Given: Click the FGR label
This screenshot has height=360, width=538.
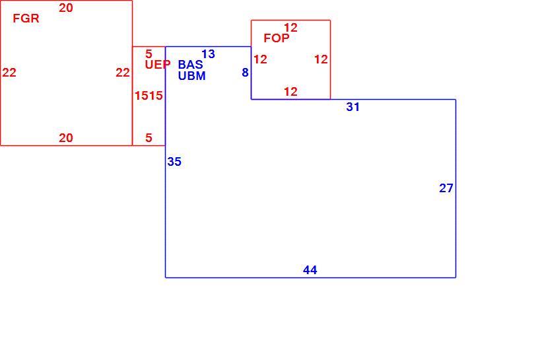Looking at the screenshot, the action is tap(26, 18).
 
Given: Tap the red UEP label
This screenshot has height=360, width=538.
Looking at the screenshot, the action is tap(158, 64).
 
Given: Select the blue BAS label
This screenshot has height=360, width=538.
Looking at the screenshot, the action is tap(190, 64).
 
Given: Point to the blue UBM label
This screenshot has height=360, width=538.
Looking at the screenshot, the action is tap(192, 75).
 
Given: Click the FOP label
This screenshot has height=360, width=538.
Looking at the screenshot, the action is tap(277, 38).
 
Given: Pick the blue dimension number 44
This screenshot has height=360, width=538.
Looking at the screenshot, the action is tap(310, 270).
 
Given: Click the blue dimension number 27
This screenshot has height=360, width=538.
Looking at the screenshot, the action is tap(446, 188).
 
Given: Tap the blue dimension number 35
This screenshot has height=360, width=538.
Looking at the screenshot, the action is tap(174, 162).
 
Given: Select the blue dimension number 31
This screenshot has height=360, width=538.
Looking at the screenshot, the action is tap(353, 107).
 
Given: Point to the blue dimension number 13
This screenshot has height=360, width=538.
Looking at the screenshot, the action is tap(209, 54).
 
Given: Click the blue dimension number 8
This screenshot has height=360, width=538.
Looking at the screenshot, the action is tap(245, 73).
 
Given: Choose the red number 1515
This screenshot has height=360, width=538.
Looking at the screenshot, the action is tap(149, 95).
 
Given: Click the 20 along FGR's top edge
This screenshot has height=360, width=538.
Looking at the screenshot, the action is tap(66, 7).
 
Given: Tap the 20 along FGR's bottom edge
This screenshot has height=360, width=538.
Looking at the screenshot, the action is tap(66, 137).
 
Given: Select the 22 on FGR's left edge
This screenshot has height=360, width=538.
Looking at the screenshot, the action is tap(9, 73).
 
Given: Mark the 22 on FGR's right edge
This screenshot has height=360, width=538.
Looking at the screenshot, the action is tap(123, 73).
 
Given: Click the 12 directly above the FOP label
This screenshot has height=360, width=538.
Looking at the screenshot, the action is tap(290, 28).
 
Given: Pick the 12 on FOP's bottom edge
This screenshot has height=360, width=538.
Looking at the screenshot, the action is tap(290, 92).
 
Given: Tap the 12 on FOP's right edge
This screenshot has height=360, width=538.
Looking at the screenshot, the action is tap(321, 59).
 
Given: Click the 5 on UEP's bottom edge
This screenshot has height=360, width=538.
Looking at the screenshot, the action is tap(149, 137).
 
